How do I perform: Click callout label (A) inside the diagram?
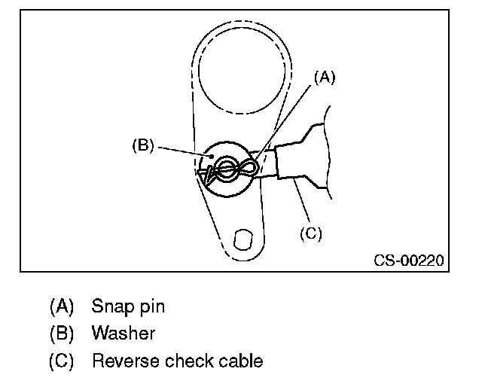(322, 77)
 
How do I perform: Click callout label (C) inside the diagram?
(310, 233)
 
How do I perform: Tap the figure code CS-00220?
(409, 261)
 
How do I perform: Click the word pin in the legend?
(151, 306)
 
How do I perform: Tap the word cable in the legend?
(241, 361)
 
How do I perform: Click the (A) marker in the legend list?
(62, 306)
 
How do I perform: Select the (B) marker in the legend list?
(62, 334)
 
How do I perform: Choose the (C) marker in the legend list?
(62, 361)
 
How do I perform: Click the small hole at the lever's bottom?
(242, 239)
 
